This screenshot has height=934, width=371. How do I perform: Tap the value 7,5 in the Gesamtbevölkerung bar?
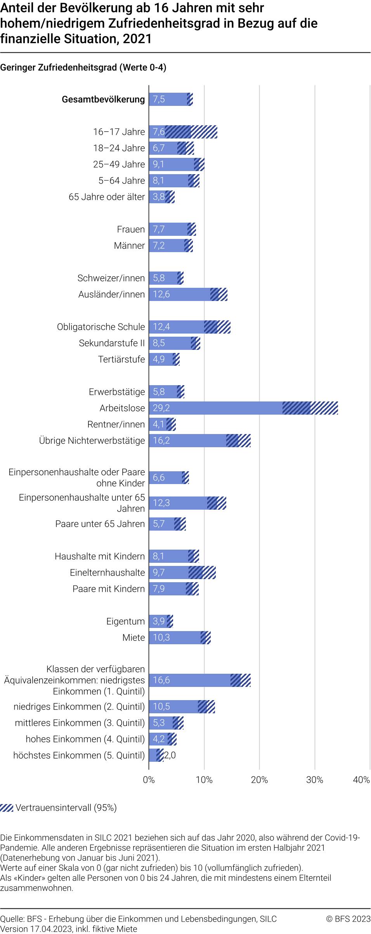(x=159, y=99)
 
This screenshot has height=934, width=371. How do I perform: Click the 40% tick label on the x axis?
(x=361, y=780)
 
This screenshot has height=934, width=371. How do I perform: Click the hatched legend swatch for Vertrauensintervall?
(x=7, y=808)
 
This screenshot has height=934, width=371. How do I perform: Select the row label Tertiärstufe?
(x=121, y=359)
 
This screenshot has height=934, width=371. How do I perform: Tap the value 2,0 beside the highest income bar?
(x=170, y=755)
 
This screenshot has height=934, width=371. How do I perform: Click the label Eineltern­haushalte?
(x=107, y=573)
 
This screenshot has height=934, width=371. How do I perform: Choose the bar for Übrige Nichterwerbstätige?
(x=194, y=441)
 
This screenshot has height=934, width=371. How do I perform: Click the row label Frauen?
(x=131, y=229)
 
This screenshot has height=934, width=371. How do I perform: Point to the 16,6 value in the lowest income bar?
(x=161, y=680)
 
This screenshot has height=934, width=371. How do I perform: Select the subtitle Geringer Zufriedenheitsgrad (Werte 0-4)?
(x=83, y=67)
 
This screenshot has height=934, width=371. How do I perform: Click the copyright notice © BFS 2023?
(x=348, y=918)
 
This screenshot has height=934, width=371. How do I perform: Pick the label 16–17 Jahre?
(x=119, y=132)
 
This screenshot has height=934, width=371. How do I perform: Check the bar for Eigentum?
(x=159, y=621)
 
